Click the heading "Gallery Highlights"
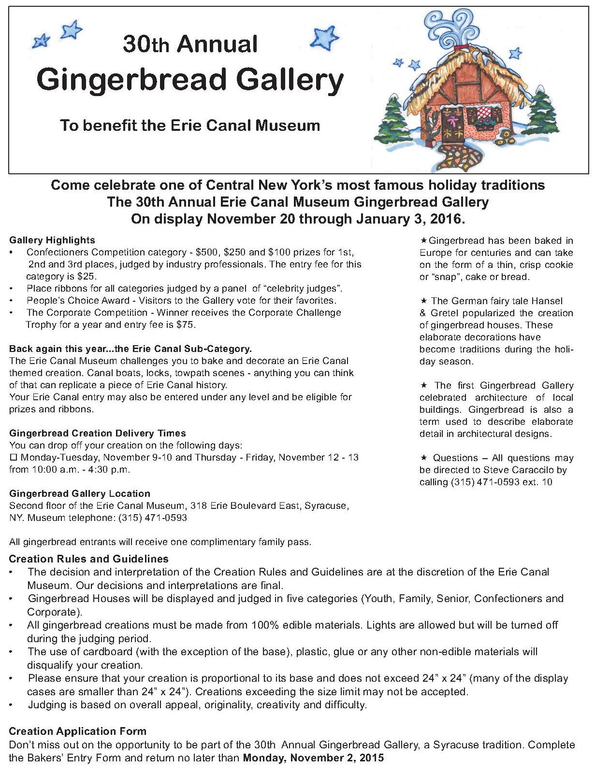52,240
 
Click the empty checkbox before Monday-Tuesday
14,457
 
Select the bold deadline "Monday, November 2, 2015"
313,758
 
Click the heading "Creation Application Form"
77,731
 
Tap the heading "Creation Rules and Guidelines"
88,559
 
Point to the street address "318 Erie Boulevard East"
246,506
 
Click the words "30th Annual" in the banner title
190,44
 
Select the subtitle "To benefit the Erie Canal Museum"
190,126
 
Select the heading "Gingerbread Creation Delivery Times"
97,433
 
